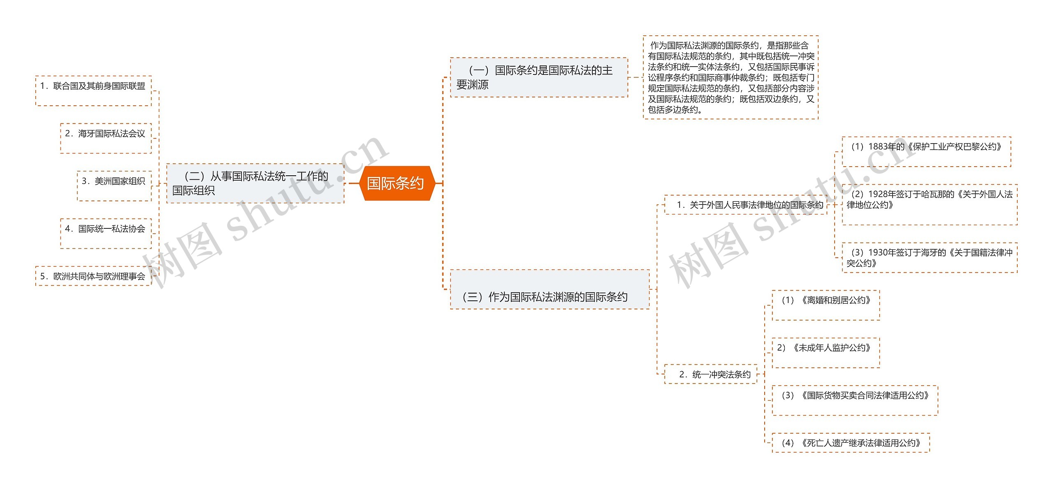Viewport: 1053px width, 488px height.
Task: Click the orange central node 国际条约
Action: (x=395, y=183)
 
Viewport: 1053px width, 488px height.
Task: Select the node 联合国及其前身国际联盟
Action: (x=93, y=91)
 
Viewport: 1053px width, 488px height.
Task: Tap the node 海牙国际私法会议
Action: (x=106, y=138)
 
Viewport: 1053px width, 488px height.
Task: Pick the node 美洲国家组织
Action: (x=114, y=186)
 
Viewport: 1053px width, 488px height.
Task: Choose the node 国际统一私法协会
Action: (x=106, y=233)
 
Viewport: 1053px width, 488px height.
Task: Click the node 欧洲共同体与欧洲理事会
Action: (x=93, y=276)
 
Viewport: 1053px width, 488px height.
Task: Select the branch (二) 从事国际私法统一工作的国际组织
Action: (x=255, y=184)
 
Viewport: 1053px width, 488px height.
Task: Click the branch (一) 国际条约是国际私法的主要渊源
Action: (x=539, y=77)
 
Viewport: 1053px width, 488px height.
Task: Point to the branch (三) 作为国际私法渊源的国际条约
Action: (x=550, y=290)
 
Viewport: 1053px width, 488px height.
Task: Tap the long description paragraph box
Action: (x=731, y=77)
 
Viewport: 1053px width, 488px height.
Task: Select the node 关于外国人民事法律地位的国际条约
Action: (x=745, y=205)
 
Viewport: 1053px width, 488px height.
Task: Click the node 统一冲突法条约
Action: (x=710, y=374)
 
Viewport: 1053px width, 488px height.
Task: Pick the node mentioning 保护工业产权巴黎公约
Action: (x=926, y=151)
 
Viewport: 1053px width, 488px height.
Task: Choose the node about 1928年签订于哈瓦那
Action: (x=929, y=204)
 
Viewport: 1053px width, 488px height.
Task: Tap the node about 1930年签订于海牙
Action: (x=929, y=258)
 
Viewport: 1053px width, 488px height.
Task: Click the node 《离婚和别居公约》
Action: (x=826, y=305)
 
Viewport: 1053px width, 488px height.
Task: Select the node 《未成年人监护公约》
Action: (x=826, y=353)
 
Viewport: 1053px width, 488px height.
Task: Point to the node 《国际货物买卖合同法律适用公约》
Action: (x=854, y=400)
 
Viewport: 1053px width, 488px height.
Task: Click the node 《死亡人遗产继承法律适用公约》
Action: (x=850, y=443)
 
